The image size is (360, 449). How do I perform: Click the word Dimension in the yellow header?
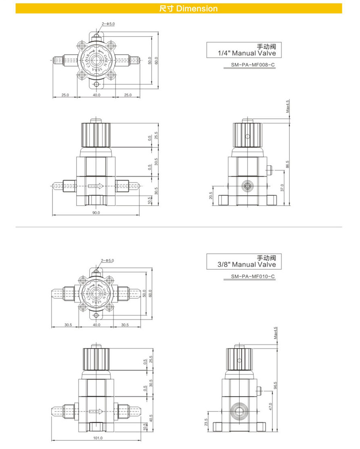[x=197, y=8]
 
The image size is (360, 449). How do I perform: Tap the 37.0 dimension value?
[x=282, y=188]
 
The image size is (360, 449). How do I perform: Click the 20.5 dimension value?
[x=211, y=195]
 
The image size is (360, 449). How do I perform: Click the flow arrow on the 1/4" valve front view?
[x=96, y=186]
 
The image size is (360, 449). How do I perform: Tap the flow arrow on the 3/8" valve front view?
[x=96, y=412]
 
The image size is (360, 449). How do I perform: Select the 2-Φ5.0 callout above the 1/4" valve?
[x=108, y=24]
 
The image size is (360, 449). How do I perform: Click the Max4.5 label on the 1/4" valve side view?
[x=288, y=106]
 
